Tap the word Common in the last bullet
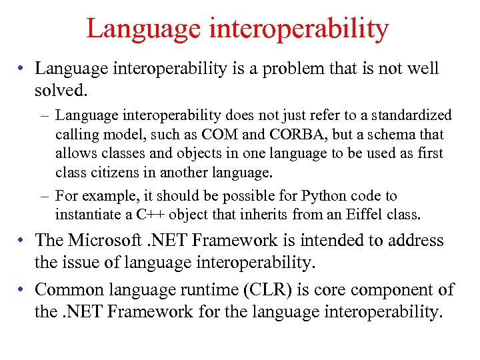click(x=67, y=290)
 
